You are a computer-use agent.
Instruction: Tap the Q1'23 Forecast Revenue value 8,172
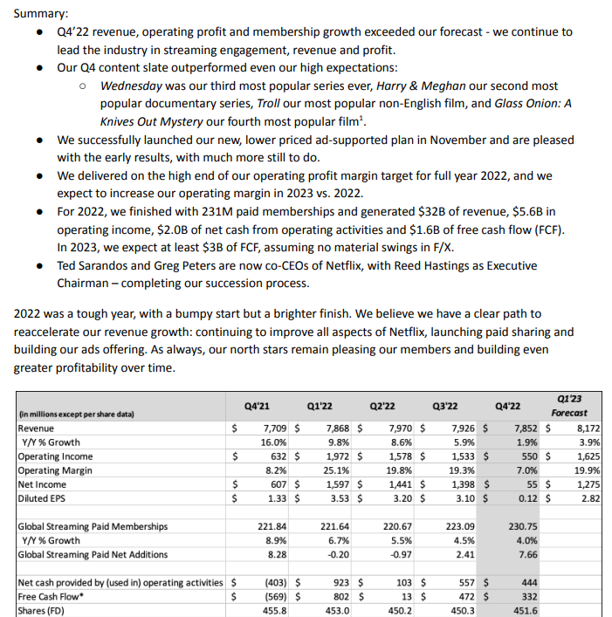coord(582,428)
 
